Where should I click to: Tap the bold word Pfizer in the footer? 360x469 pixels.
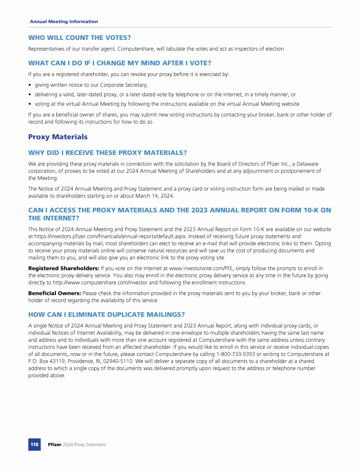pos(55,444)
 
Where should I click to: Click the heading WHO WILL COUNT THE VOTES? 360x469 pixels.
pos(80,37)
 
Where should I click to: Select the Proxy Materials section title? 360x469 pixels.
pos(58,137)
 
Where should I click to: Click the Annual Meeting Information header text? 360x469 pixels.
pos(64,22)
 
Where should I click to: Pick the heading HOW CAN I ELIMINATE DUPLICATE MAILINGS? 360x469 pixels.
pos(106,314)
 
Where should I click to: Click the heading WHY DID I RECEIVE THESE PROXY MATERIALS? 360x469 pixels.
pos(107,152)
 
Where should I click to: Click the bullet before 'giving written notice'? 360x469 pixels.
pos(30,85)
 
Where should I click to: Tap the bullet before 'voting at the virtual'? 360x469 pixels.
pos(30,104)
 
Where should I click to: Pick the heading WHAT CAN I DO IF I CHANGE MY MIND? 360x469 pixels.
pos(120,63)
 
